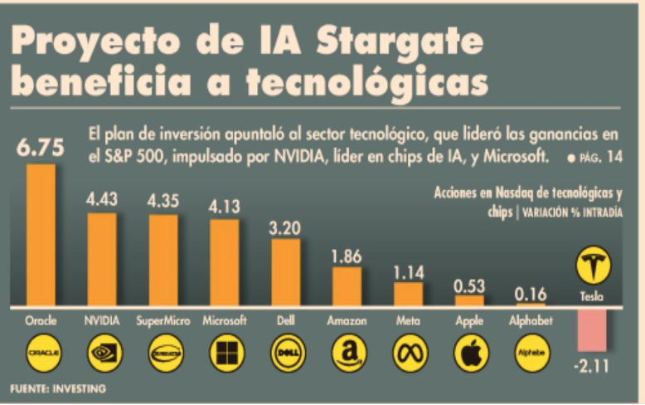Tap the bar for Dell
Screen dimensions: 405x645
coord(285,272)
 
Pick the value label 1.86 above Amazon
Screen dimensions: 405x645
coord(346,256)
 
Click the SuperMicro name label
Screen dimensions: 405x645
coord(162,320)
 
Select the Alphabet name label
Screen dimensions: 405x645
coord(531,320)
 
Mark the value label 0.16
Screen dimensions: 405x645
coord(531,294)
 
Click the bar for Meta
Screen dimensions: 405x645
coord(408,294)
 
